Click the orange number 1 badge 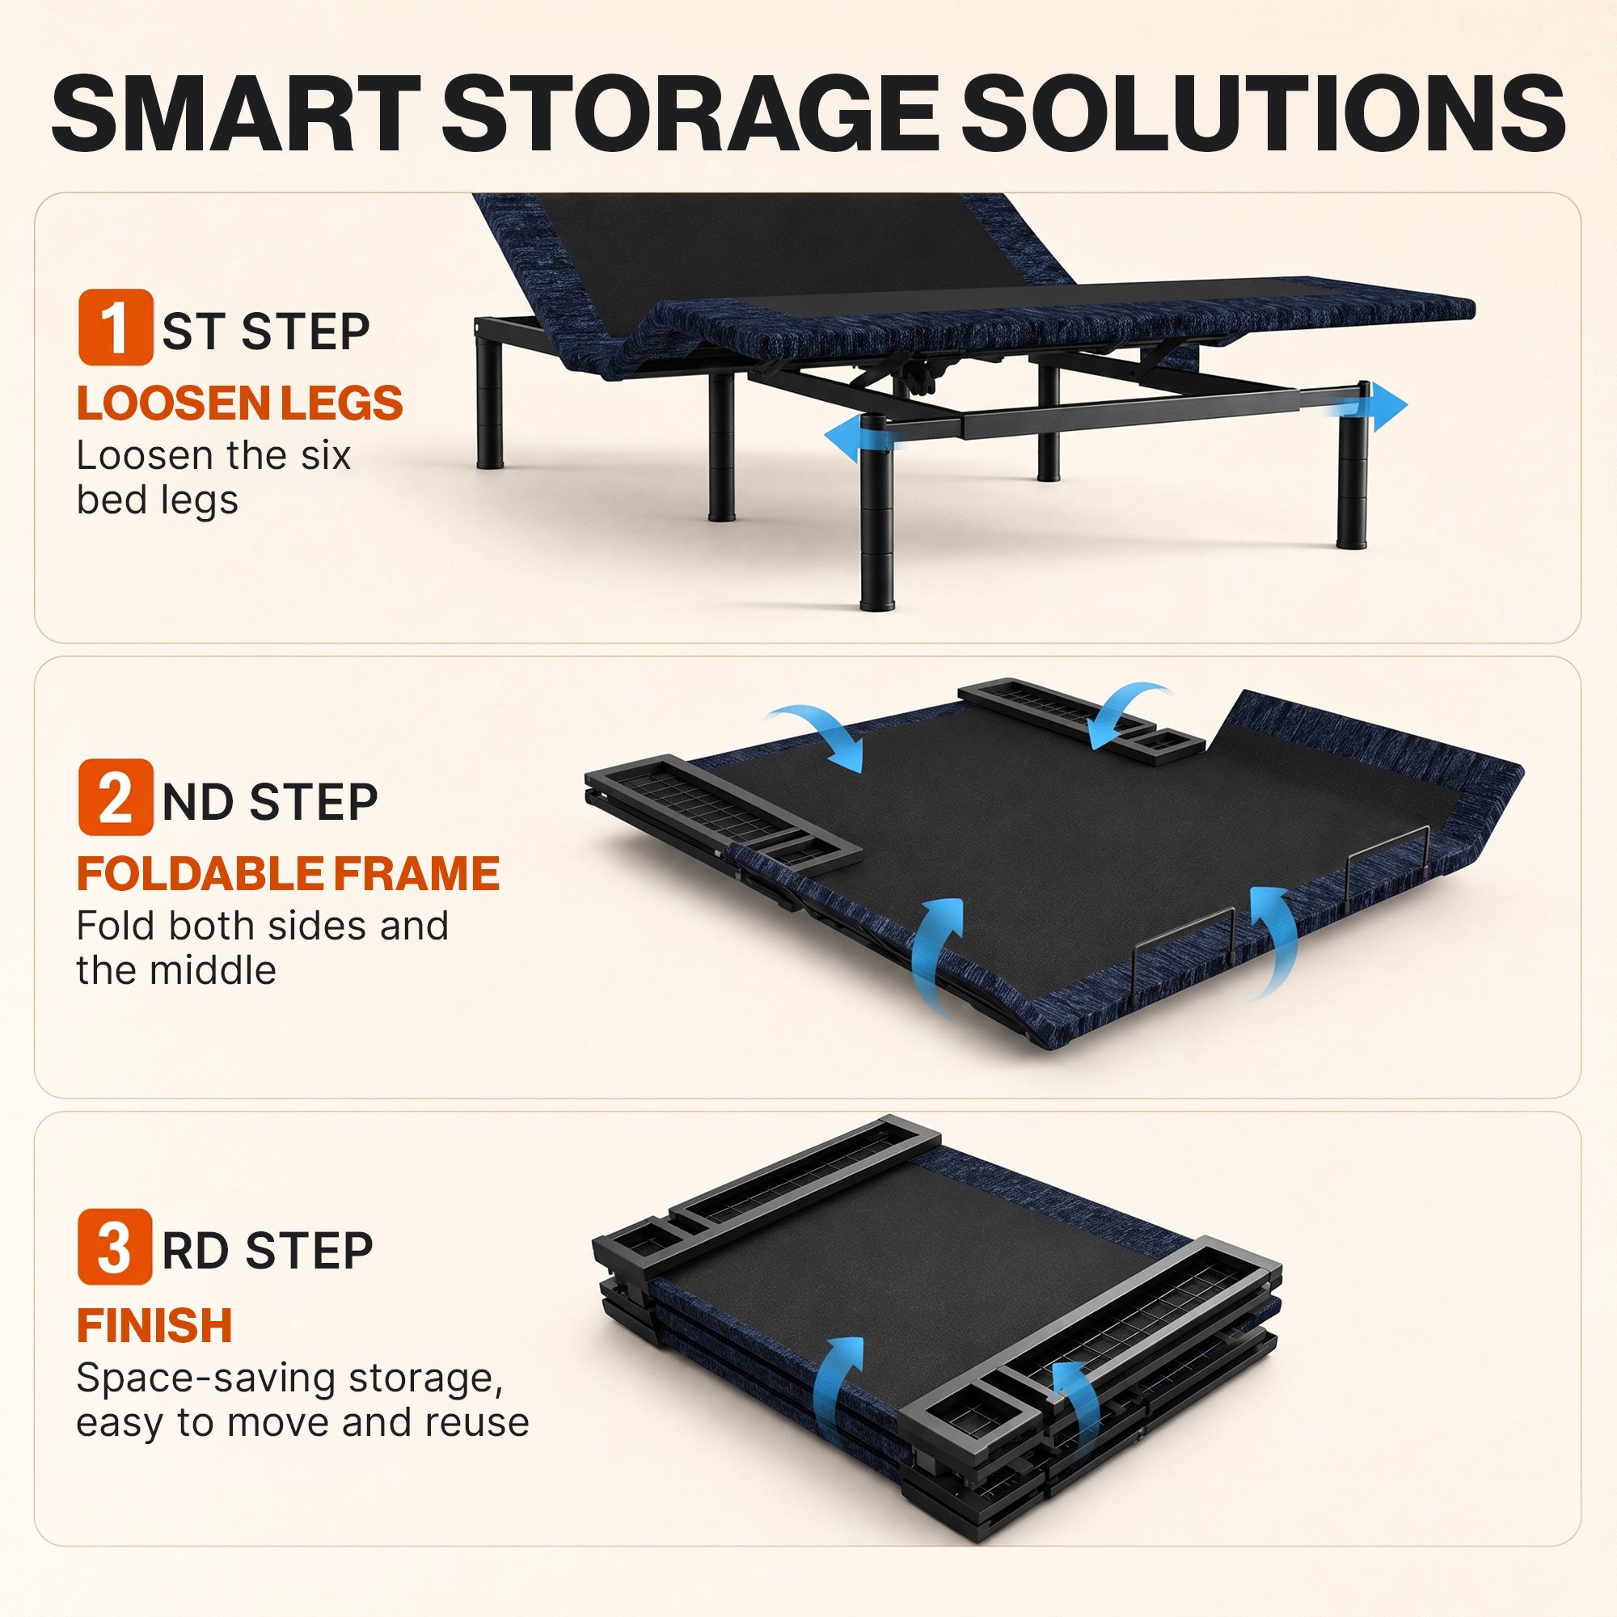[x=116, y=327]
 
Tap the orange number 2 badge [x=116, y=797]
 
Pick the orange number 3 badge [x=116, y=1247]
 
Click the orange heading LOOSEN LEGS [x=240, y=403]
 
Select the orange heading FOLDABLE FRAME [x=288, y=874]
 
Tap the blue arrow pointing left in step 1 [x=862, y=436]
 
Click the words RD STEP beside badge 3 [x=268, y=1252]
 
